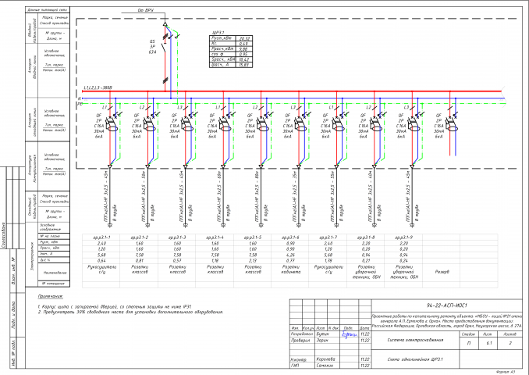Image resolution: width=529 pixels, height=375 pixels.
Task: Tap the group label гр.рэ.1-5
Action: (x=252, y=236)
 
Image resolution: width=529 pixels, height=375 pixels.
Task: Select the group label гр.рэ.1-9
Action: (x=403, y=236)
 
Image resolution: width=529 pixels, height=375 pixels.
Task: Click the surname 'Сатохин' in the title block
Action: (x=304, y=366)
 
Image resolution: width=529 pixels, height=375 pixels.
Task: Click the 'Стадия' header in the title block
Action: (x=468, y=333)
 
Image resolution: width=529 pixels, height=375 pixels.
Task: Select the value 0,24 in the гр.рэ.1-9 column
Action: (x=403, y=260)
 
